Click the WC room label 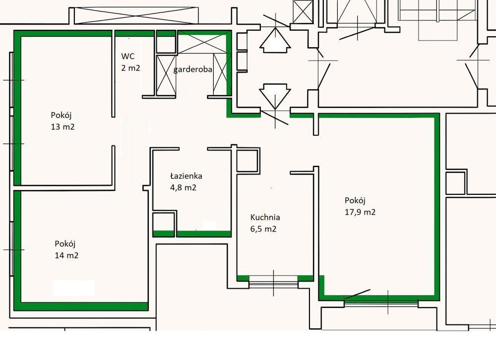point(128,57)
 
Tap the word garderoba point(192,69)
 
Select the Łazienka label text point(186,176)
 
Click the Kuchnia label point(265,217)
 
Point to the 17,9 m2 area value point(360,212)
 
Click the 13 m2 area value point(62,127)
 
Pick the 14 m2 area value point(66,255)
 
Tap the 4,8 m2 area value point(183,187)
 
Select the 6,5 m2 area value point(263,229)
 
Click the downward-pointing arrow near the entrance point(275,96)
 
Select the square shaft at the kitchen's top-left point(248,161)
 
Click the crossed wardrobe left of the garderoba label point(166,75)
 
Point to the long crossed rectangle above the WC point(134,15)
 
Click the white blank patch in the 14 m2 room point(73,288)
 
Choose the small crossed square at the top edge point(303,11)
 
